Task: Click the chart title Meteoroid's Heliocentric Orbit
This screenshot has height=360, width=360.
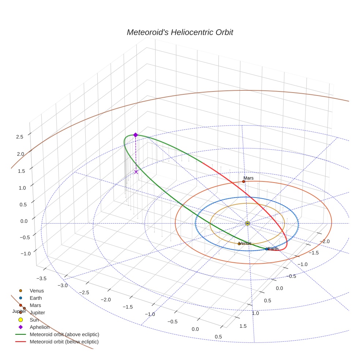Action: coord(180,32)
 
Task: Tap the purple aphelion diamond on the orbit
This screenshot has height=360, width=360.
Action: coord(135,135)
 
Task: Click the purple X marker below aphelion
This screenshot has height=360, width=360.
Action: coord(136,172)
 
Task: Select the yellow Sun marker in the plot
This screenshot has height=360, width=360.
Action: coord(247,223)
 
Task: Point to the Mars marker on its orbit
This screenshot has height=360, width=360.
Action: coord(244,181)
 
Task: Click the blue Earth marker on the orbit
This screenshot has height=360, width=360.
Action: coord(266,249)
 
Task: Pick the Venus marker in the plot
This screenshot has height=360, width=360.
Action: coord(239,244)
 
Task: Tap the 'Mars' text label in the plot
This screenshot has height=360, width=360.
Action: coord(249,178)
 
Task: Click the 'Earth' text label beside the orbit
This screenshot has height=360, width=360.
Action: coord(273,249)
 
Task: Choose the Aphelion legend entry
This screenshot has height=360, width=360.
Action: coord(39,327)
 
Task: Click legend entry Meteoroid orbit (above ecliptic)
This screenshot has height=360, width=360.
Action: coord(64,334)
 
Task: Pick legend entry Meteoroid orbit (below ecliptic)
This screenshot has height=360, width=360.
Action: coord(64,342)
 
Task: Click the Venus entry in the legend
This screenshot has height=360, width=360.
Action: coord(37,291)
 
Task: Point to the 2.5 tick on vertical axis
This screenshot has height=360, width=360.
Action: coord(20,136)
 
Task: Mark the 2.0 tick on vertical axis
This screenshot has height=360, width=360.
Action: coord(20,154)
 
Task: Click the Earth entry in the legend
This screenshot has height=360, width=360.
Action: coord(35,298)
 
